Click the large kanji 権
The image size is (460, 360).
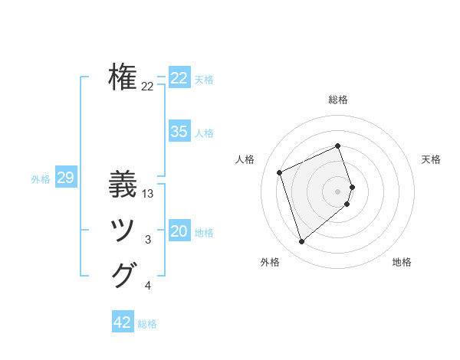[123, 77]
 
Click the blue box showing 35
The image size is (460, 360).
[179, 132]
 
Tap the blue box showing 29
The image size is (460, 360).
[65, 178]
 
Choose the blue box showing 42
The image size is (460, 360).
[122, 322]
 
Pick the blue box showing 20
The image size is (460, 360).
[179, 231]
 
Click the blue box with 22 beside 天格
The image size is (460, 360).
[179, 78]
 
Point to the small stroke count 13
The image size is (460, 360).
[148, 195]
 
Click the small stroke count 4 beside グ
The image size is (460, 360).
[148, 286]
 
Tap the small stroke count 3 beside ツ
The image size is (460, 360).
[148, 241]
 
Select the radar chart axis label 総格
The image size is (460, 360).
[338, 100]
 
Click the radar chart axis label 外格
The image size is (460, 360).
[270, 263]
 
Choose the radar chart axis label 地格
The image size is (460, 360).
[402, 263]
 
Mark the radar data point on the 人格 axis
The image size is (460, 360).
[280, 172]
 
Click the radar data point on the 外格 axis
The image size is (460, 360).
[302, 242]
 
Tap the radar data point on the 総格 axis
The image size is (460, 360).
[338, 146]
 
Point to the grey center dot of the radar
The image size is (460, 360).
[338, 191]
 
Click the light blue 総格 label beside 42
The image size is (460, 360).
[147, 324]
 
